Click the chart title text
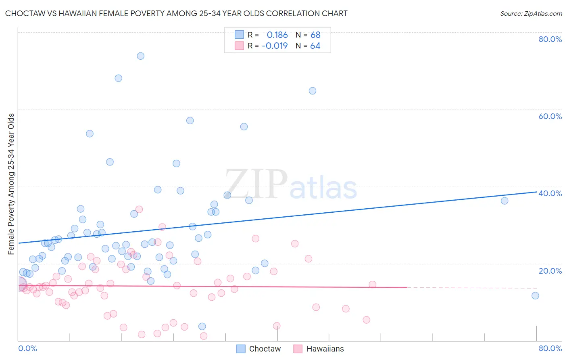click(176, 13)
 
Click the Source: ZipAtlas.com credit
click(531, 13)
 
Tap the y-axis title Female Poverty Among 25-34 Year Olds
click(11, 184)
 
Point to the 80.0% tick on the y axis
click(550, 39)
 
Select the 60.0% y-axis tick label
click(550, 116)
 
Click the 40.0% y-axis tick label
click(550, 193)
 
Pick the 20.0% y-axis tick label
click(550, 271)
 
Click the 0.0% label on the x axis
click(27, 348)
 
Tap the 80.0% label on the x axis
click(550, 348)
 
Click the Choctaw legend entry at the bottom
click(258, 349)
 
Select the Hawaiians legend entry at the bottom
click(319, 349)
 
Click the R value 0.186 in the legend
click(277, 35)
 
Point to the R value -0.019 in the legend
click(275, 46)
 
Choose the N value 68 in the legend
click(315, 35)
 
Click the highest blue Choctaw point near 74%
click(140, 56)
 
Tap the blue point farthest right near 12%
click(535, 295)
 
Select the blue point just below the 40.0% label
click(504, 201)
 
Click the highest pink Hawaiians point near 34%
click(139, 209)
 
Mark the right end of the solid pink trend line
click(407, 287)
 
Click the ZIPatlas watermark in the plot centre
click(290, 185)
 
